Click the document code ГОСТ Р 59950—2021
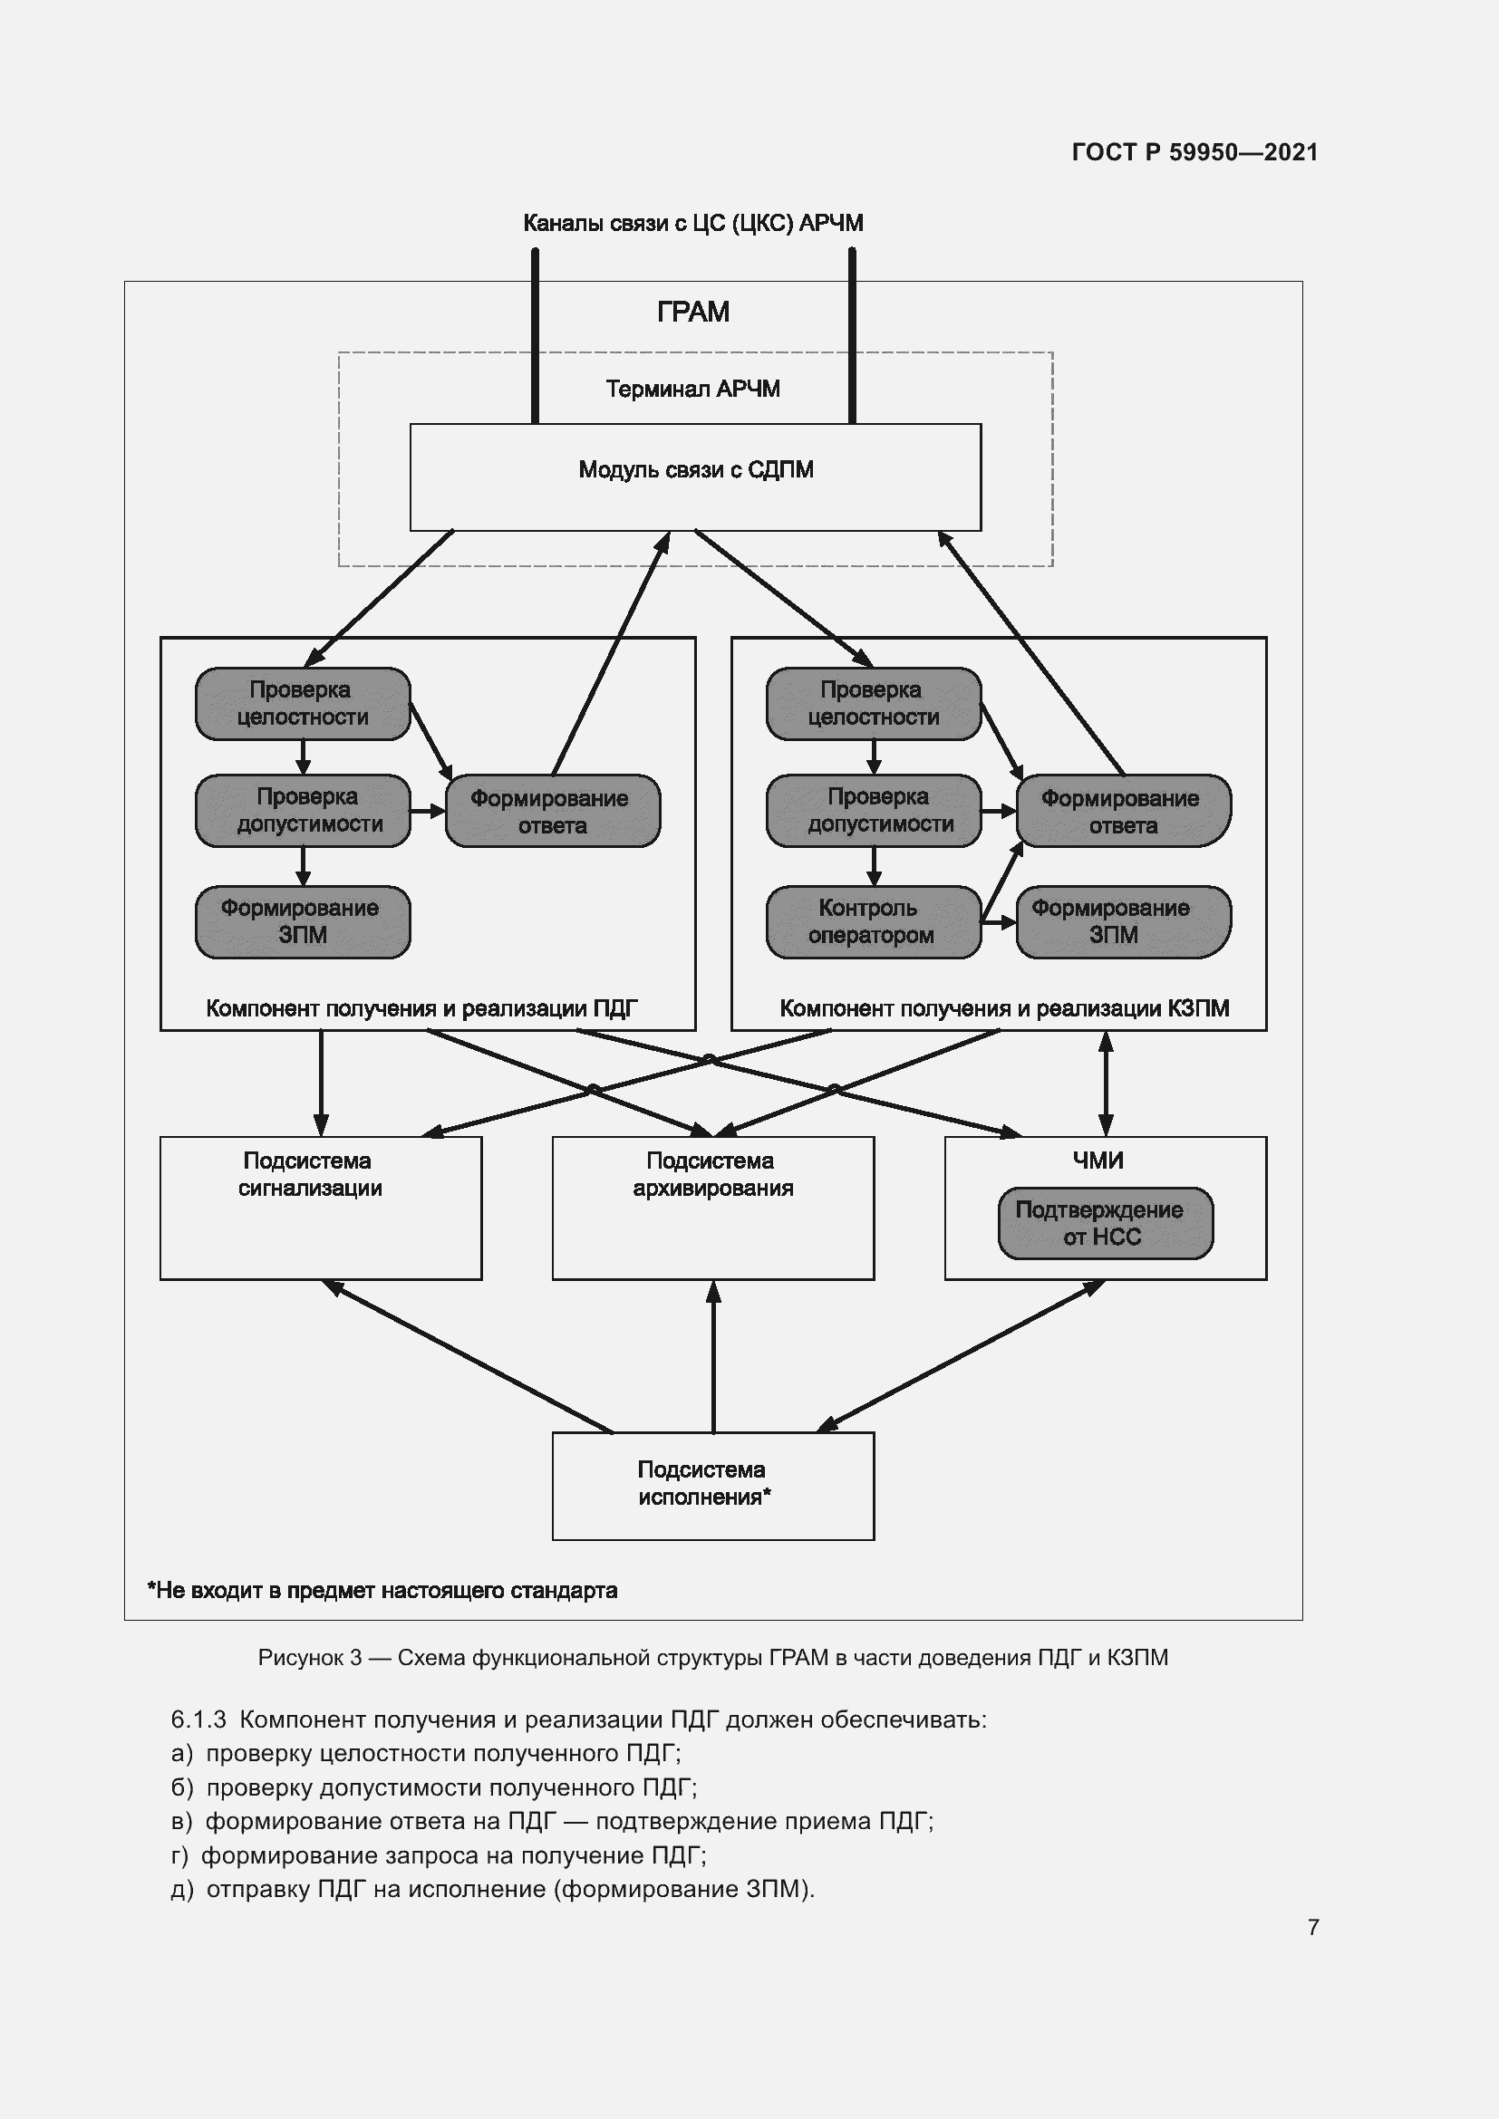tap(1194, 152)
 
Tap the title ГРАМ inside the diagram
tap(693, 312)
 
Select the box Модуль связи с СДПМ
tap(695, 477)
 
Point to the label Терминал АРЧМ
tap(692, 389)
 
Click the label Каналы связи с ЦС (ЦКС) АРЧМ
tap(692, 224)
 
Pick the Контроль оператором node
tap(872, 922)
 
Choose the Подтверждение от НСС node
tap(1105, 1223)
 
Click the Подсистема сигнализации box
tap(320, 1207)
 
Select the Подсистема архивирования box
tap(712, 1207)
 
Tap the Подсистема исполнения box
tap(712, 1486)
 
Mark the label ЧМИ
tap(1098, 1161)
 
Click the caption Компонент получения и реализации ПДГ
tap(421, 1008)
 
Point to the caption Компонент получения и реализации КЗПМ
tap(1003, 1008)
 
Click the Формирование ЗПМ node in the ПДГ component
tap(302, 922)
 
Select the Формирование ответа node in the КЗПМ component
tap(1122, 811)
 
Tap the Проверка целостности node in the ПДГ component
tap(302, 703)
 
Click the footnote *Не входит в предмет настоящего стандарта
tap(382, 1590)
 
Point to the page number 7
tap(1312, 1927)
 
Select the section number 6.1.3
tap(198, 1719)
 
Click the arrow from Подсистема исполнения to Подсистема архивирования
tap(713, 1357)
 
